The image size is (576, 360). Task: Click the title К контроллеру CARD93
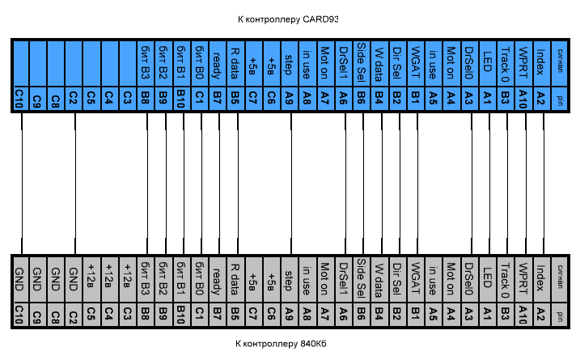coord(288,19)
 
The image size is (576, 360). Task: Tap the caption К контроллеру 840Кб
coord(281,344)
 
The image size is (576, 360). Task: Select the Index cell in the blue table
coord(540,63)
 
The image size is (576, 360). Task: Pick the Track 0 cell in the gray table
coord(505,280)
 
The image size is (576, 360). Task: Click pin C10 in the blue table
coord(19,99)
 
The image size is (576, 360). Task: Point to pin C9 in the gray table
coord(37,315)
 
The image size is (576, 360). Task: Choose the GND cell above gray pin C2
coord(74,280)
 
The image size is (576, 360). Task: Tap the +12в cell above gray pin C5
coord(91,280)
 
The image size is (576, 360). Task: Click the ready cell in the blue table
coord(218,63)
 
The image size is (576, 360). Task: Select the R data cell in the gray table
coord(235,280)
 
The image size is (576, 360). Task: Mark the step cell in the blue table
coord(290,63)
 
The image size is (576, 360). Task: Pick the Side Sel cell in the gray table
coord(362,280)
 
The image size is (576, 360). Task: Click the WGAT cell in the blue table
coord(416,63)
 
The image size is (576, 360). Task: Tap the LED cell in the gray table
coord(488,280)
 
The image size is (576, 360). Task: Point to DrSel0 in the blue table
coord(469,63)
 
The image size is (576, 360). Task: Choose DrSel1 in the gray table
coord(344,280)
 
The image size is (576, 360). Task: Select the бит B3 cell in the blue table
coord(146,63)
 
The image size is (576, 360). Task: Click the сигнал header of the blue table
coord(560,63)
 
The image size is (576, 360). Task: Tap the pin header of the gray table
coord(560,315)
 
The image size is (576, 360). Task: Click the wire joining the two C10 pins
coord(22,184)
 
